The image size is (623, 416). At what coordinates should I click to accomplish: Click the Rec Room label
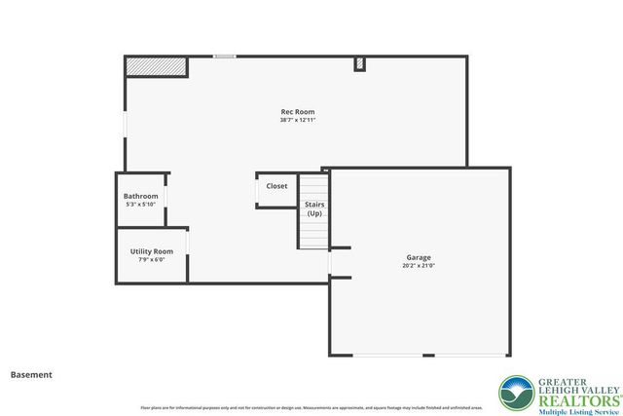[297, 112]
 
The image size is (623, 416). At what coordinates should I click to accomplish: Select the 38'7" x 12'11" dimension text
[297, 120]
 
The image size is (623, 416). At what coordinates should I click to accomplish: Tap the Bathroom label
[140, 196]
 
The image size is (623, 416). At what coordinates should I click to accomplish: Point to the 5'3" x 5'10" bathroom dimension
[140, 204]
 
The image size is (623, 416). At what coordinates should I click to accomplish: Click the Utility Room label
[152, 251]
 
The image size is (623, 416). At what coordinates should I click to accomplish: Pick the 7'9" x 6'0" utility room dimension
[152, 259]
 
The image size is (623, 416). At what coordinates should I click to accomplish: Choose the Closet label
[276, 186]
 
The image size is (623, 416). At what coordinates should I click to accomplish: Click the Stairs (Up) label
[314, 208]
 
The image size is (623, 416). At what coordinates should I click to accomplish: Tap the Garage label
[419, 257]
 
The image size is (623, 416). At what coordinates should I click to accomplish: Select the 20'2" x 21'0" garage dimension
[419, 265]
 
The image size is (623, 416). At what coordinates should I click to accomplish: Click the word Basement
[31, 374]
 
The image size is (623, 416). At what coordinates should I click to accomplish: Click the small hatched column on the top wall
[359, 64]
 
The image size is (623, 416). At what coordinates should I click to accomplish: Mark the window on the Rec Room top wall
[225, 57]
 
